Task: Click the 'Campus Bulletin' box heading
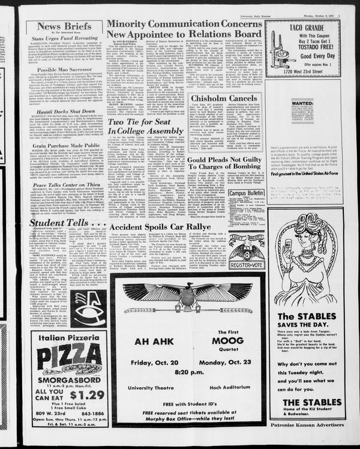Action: pos(246,193)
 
